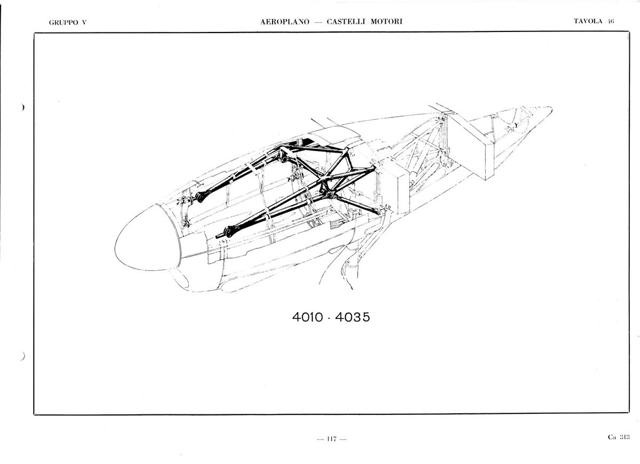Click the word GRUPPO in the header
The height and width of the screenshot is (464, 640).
pyautogui.click(x=63, y=22)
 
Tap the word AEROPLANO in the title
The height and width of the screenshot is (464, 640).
pyautogui.click(x=285, y=22)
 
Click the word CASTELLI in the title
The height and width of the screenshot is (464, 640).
pyautogui.click(x=346, y=22)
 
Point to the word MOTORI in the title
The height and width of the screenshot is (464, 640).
pyautogui.click(x=387, y=22)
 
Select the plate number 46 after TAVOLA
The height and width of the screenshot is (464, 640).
pyautogui.click(x=611, y=21)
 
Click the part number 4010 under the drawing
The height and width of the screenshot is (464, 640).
pyautogui.click(x=308, y=317)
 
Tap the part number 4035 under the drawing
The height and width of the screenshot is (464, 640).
pyautogui.click(x=353, y=317)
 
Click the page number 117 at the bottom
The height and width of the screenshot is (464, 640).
pyautogui.click(x=332, y=439)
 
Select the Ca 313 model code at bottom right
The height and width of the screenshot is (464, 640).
pyautogui.click(x=619, y=437)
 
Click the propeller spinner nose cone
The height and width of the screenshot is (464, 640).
pyautogui.click(x=146, y=238)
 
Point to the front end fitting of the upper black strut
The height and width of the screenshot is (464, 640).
pyautogui.click(x=199, y=197)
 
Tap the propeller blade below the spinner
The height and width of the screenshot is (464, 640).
pyautogui.click(x=179, y=278)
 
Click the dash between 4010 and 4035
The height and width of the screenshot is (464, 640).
pyautogui.click(x=329, y=319)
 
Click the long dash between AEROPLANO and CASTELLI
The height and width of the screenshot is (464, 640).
pyautogui.click(x=318, y=22)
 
